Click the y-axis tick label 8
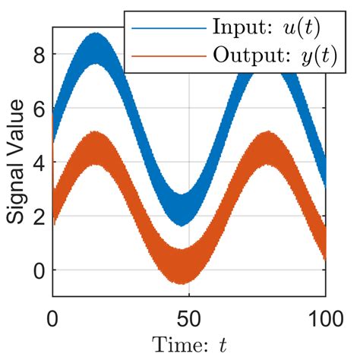click(x=39, y=55)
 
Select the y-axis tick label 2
click(x=39, y=216)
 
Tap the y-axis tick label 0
click(x=39, y=270)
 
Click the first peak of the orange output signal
click(x=94, y=149)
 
